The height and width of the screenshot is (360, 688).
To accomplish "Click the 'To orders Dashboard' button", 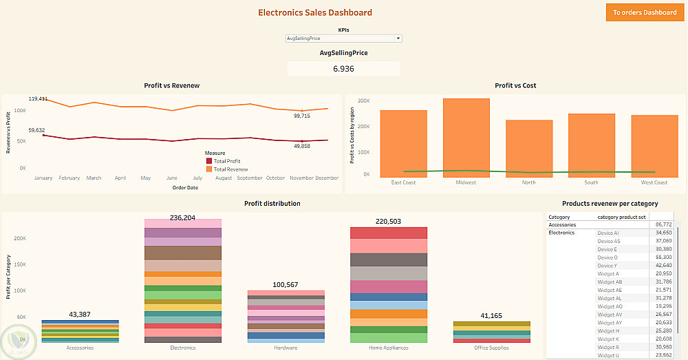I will pos(644,12).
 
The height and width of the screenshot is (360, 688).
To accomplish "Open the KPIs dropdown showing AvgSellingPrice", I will pos(343,39).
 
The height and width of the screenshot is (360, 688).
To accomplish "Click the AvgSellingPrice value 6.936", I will pos(343,69).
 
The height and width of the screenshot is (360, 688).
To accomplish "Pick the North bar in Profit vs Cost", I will pos(529,147).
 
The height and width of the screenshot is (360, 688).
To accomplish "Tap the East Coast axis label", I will pos(403,182).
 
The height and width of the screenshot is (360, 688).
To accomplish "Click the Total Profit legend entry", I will pos(226,161).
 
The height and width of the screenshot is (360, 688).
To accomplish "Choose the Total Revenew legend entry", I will pos(230,169).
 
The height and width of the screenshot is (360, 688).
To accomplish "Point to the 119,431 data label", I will pos(38,99).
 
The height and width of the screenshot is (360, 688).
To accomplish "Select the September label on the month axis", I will pos(250,178).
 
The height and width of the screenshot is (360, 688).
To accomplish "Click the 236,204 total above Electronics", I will pos(182,218).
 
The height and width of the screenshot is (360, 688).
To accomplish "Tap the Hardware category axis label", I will pos(286,348).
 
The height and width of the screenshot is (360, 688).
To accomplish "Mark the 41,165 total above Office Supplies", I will pos(491,315).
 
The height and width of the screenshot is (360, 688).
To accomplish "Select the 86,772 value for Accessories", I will pos(664,224).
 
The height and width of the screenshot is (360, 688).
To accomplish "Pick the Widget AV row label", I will pos(610,315).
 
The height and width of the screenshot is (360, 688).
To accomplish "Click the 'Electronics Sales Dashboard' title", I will pos(314,12).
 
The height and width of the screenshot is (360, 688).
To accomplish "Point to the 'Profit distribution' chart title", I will pos(272,204).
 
